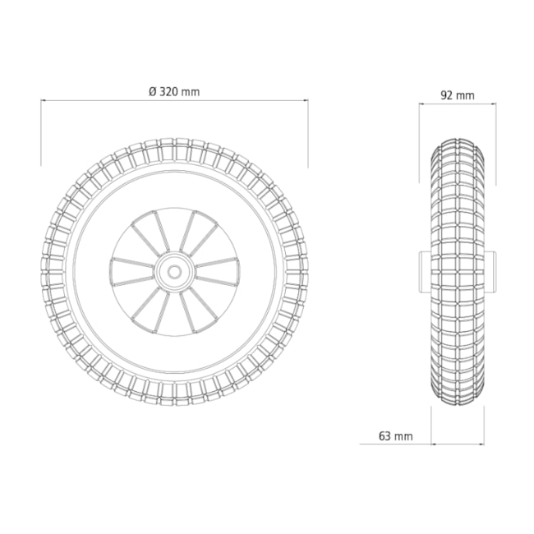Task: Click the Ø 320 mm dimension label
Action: click(x=174, y=92)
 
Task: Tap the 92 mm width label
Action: click(x=457, y=95)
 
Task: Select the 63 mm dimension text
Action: click(x=396, y=435)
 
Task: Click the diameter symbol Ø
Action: click(x=153, y=92)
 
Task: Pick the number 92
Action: click(x=448, y=95)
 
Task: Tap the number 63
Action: click(x=386, y=435)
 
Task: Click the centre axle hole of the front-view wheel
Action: click(x=174, y=269)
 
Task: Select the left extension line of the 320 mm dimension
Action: click(x=42, y=131)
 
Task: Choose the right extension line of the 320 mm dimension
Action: click(x=308, y=131)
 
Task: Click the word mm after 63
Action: click(x=403, y=435)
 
